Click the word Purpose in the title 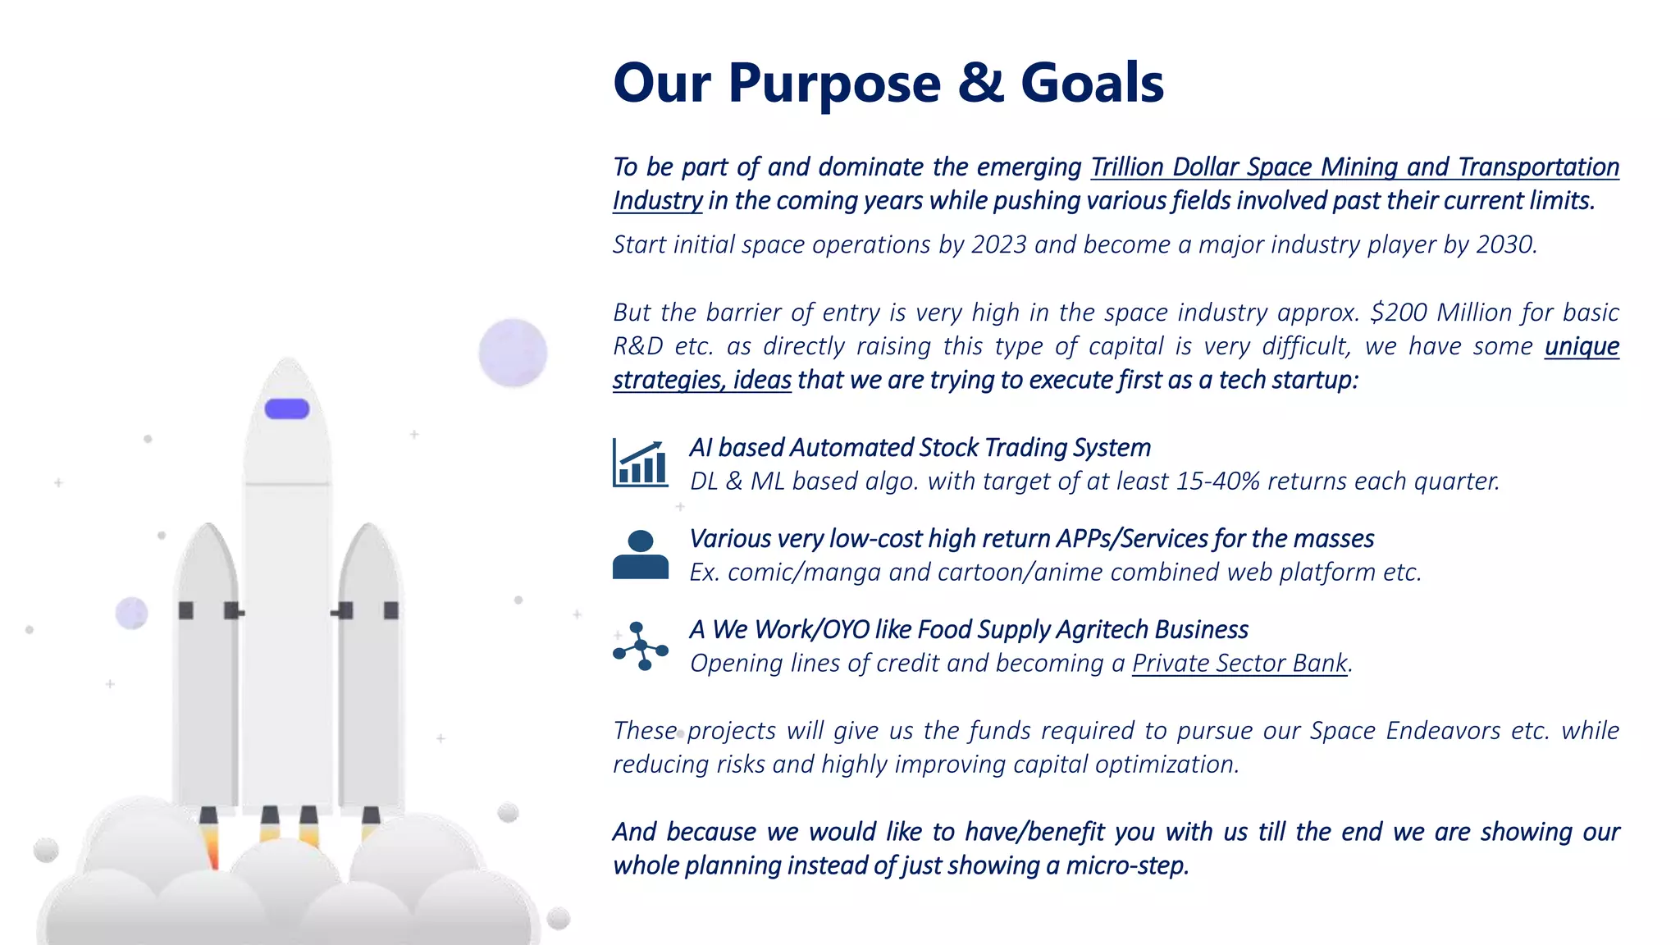point(834,84)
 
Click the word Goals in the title point(1092,83)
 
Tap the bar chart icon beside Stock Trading point(640,463)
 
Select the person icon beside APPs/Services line point(640,555)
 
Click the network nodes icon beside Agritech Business point(640,646)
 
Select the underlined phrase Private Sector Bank point(1239,663)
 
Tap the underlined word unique point(1582,346)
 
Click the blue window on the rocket point(287,409)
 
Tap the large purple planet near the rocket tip point(513,353)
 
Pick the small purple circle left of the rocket point(131,613)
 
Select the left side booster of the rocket point(206,664)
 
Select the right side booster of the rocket point(369,664)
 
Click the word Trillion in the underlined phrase point(1127,167)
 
